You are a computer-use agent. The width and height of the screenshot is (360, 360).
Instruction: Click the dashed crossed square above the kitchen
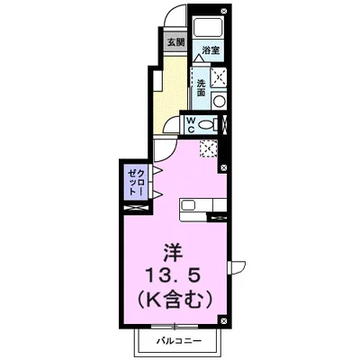(x=209, y=148)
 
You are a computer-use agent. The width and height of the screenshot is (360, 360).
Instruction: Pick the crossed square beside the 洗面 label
(x=219, y=78)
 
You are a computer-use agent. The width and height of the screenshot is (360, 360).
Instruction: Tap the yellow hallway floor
(x=166, y=90)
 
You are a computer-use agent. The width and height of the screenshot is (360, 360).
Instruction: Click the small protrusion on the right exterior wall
(x=237, y=266)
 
